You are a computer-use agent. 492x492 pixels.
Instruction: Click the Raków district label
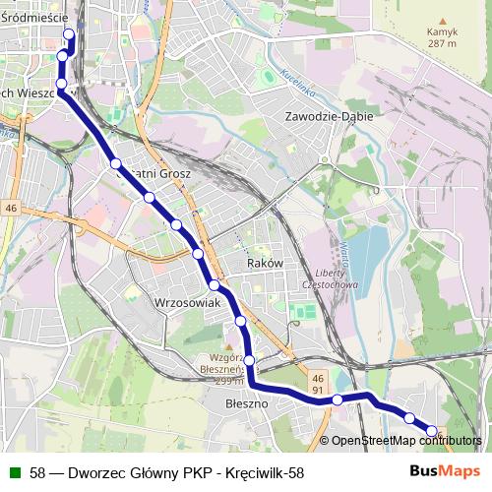point(266,264)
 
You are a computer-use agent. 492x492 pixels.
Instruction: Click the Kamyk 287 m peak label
point(442,38)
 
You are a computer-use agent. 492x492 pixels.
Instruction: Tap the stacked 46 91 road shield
point(317,384)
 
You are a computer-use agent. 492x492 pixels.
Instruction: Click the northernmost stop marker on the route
point(69,35)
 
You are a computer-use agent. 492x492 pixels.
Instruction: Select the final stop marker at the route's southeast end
point(431,430)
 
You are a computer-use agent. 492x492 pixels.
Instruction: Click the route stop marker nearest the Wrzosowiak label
point(214,285)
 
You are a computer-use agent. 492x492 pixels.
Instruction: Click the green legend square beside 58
point(13,472)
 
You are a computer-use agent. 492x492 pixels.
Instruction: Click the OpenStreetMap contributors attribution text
point(405,441)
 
